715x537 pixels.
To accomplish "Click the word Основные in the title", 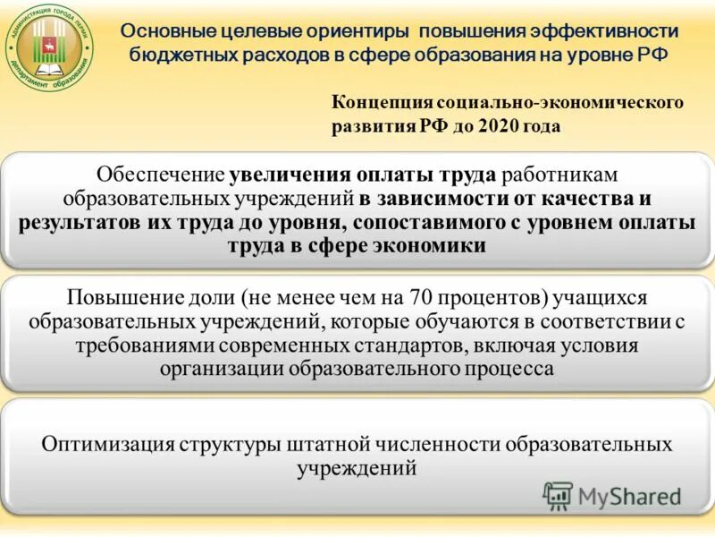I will click(x=163, y=30).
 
